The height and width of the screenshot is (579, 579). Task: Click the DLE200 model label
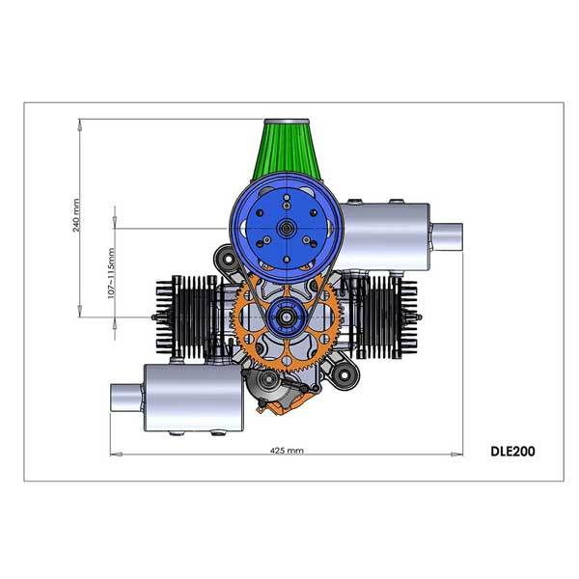tap(512, 450)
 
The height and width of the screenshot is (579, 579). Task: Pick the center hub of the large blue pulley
tap(287, 228)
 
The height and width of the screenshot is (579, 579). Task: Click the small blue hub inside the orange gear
tap(287, 314)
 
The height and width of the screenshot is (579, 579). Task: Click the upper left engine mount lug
tap(224, 260)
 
